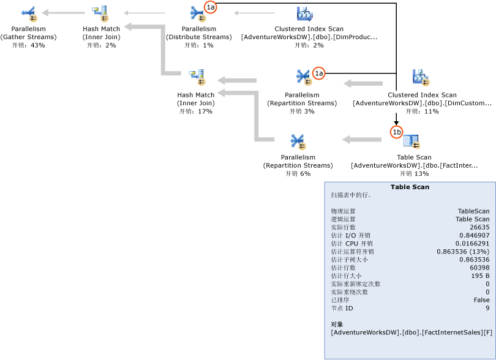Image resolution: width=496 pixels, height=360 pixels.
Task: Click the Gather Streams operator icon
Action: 28,13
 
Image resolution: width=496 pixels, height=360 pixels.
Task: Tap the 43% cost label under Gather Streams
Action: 28,45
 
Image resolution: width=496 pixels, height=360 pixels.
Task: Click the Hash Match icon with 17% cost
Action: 196,78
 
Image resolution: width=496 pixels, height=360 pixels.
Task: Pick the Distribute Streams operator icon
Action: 198,12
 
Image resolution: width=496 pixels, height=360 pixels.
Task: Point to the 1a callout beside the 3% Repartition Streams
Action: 318,73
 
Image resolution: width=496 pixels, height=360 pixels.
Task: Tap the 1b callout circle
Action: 397,132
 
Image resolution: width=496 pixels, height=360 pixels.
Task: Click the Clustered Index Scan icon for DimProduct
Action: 304,13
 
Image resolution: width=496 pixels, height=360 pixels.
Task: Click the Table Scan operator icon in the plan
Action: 411,141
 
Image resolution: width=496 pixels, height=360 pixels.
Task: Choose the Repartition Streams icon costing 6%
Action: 298,141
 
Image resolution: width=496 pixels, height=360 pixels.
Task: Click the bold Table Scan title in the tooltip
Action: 410,187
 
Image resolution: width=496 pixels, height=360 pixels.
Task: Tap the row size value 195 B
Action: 479,276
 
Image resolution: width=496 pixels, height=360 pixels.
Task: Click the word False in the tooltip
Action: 481,300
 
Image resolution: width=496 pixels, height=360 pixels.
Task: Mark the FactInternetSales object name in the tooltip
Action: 411,332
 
